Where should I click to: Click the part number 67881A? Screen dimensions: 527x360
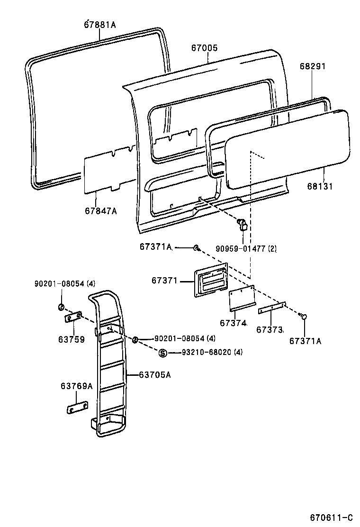point(100,24)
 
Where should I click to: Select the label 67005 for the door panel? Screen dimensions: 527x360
point(205,48)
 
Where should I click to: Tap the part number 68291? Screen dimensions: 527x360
point(313,67)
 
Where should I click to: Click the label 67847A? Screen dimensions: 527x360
point(100,211)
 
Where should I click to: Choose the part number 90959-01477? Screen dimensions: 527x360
point(240,248)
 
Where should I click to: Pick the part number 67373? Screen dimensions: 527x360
point(270,329)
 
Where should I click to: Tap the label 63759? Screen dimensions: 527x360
point(72,339)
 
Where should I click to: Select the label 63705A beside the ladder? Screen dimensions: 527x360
point(154,375)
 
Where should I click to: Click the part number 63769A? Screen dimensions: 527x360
point(76,386)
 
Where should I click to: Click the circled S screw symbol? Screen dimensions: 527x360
point(162,353)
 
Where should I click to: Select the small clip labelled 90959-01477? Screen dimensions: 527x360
point(242,224)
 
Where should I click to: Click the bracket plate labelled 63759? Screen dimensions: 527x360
point(74,318)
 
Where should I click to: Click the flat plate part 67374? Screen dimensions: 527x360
point(242,300)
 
